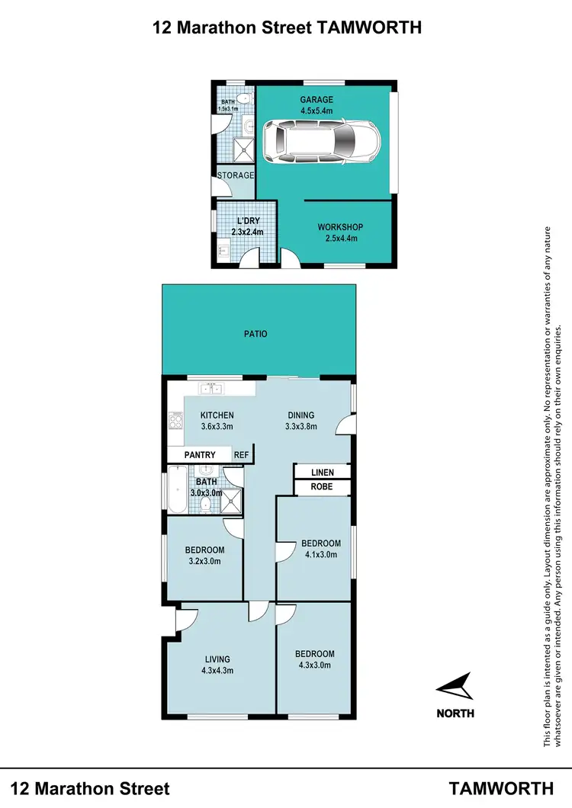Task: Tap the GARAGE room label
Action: click(x=317, y=99)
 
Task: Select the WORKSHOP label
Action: click(x=340, y=227)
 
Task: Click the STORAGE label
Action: click(x=236, y=175)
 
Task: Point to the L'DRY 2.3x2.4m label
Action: click(x=246, y=226)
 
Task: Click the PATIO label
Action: click(x=257, y=334)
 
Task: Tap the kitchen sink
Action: click(x=210, y=389)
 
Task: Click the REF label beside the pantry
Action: click(x=241, y=455)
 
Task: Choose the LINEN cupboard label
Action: click(x=322, y=473)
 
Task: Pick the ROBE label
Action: click(x=322, y=486)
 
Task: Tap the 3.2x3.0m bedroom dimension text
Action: click(x=204, y=561)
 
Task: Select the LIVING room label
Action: click(x=217, y=659)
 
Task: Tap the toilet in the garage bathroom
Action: click(x=243, y=98)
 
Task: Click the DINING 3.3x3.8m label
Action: click(x=299, y=421)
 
